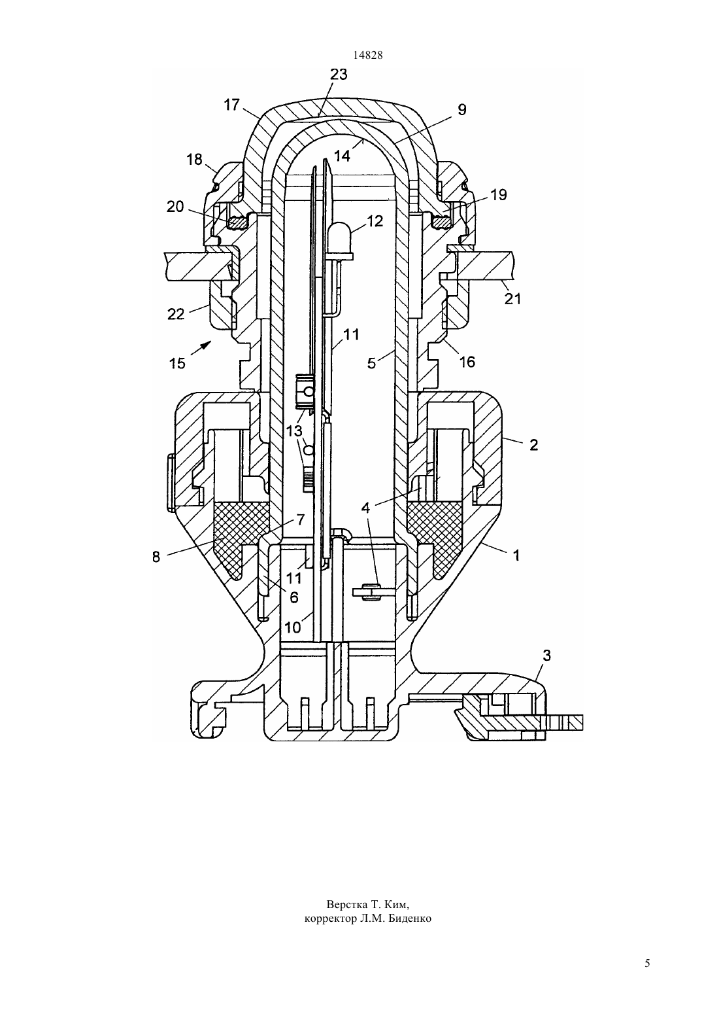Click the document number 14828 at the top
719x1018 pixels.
(x=367, y=55)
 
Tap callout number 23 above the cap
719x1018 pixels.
(x=339, y=75)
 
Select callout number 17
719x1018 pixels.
(x=231, y=105)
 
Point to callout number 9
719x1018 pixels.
(x=461, y=109)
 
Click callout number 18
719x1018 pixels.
(x=194, y=160)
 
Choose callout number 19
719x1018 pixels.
(x=498, y=194)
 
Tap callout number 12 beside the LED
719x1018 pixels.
(x=375, y=221)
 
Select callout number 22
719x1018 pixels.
(x=176, y=313)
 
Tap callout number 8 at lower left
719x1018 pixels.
(x=156, y=557)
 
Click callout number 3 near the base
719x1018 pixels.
(x=546, y=656)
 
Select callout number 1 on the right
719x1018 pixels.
(x=516, y=555)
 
